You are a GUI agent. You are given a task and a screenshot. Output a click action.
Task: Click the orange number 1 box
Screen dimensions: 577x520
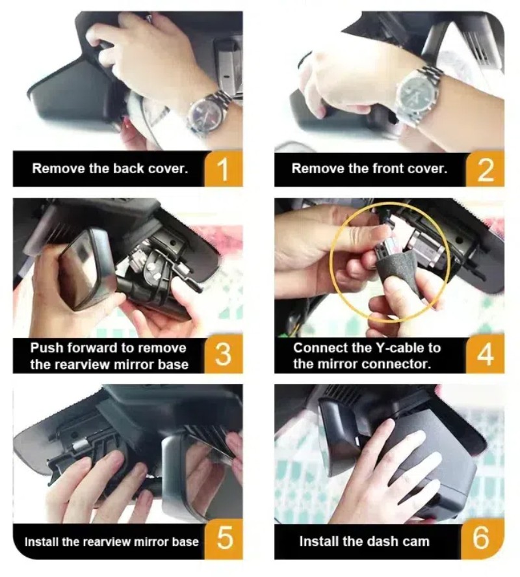click(223, 168)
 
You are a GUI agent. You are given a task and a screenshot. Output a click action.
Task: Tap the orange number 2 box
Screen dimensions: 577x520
click(485, 168)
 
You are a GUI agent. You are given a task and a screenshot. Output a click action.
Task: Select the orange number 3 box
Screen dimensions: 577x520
click(223, 355)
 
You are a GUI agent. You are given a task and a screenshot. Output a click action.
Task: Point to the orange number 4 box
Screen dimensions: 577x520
click(485, 355)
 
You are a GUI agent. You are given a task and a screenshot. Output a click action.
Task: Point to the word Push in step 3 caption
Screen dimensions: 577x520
click(47, 348)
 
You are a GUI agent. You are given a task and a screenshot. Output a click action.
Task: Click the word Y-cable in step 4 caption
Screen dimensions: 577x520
click(401, 348)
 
